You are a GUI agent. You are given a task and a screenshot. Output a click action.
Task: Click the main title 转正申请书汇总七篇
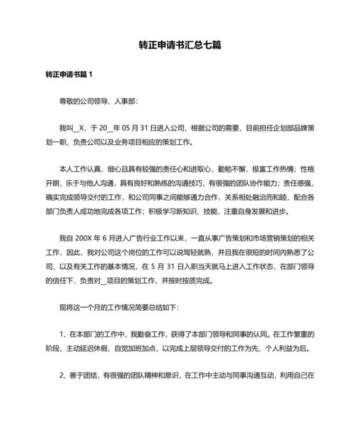tap(180, 46)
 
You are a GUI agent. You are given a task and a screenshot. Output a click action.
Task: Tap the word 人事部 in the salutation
tap(125, 102)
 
